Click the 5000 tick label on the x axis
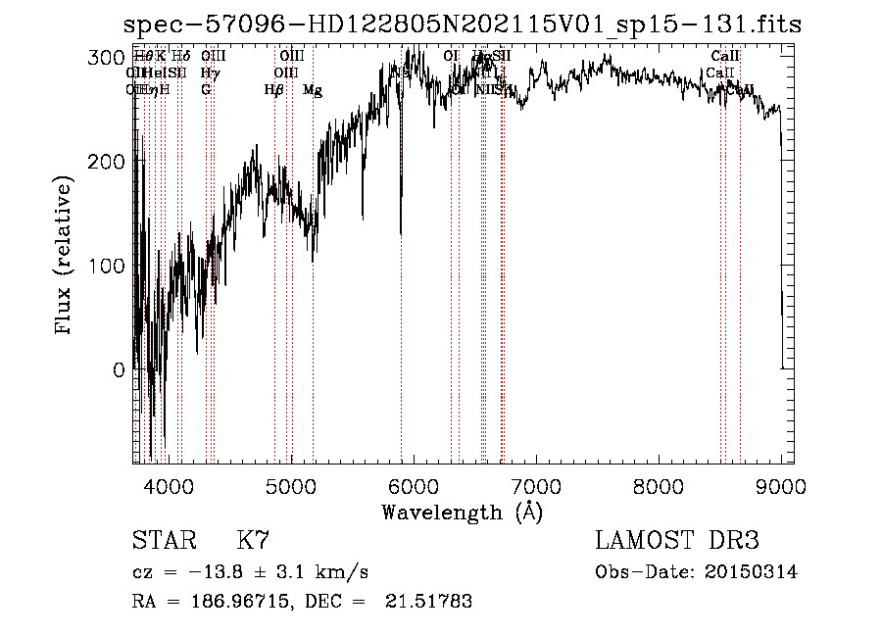tap(290, 487)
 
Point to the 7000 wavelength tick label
tap(536, 487)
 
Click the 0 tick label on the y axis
tap(120, 370)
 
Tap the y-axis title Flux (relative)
tap(65, 257)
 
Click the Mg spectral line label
tap(312, 90)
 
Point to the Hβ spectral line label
tap(274, 90)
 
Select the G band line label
tap(206, 90)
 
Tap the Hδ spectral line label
tap(180, 57)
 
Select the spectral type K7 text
tap(253, 540)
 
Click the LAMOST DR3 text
tap(677, 540)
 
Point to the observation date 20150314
tap(752, 571)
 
